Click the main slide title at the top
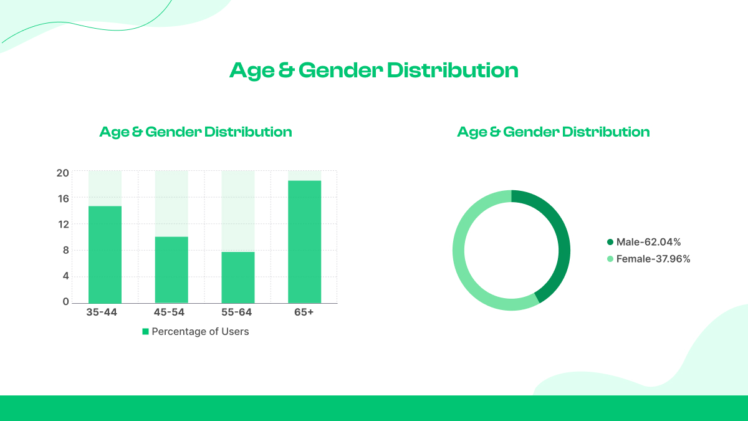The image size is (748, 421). pyautogui.click(x=374, y=70)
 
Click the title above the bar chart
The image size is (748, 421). pyautogui.click(x=196, y=132)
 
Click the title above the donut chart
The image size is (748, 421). pyautogui.click(x=554, y=132)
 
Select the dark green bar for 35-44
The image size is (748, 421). pyautogui.click(x=105, y=254)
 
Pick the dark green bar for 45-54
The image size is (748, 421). pyautogui.click(x=171, y=269)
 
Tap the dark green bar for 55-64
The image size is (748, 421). pyautogui.click(x=237, y=277)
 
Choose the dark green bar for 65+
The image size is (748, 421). pyautogui.click(x=304, y=242)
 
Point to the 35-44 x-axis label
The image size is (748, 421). pyautogui.click(x=102, y=312)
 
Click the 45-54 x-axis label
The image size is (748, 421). pyautogui.click(x=169, y=312)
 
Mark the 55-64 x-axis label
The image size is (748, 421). pyautogui.click(x=237, y=312)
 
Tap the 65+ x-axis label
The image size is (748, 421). pyautogui.click(x=304, y=312)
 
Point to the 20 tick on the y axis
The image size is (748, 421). pyautogui.click(x=62, y=173)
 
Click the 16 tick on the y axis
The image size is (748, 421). pyautogui.click(x=63, y=198)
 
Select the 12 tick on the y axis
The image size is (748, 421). pyautogui.click(x=63, y=224)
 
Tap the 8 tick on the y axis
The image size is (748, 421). pyautogui.click(x=65, y=250)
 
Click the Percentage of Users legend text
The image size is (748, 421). pyautogui.click(x=200, y=332)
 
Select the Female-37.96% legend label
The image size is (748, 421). pyautogui.click(x=653, y=259)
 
